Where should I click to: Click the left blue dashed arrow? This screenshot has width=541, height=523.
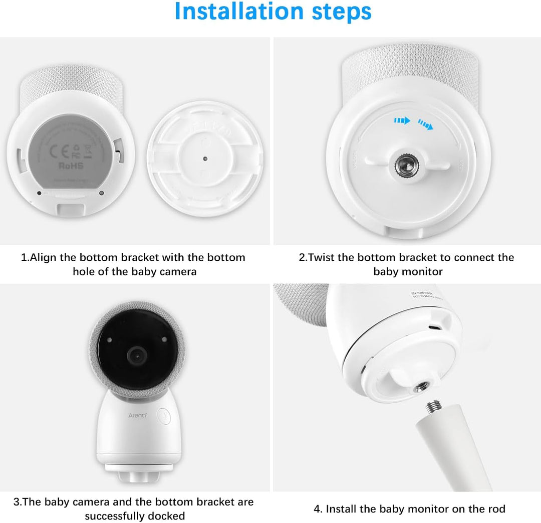click(x=402, y=121)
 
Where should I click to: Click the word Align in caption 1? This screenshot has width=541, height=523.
click(x=44, y=258)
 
